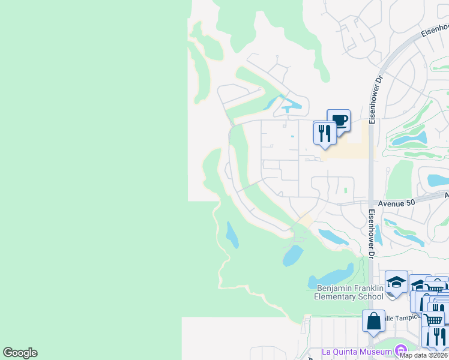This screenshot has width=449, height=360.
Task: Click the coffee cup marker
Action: tap(339, 120)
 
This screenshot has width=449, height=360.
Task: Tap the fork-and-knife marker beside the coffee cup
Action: tap(325, 133)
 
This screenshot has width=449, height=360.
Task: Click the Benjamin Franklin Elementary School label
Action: tap(349, 292)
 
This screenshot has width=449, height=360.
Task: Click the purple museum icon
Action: tap(400, 350)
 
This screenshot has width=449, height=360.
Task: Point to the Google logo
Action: tap(20, 353)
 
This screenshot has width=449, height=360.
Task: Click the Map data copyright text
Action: tap(424, 355)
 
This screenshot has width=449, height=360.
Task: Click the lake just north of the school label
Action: tap(330, 277)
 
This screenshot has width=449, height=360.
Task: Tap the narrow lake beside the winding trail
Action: tap(232, 235)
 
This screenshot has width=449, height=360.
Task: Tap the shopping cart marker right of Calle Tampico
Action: tap(433, 318)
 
